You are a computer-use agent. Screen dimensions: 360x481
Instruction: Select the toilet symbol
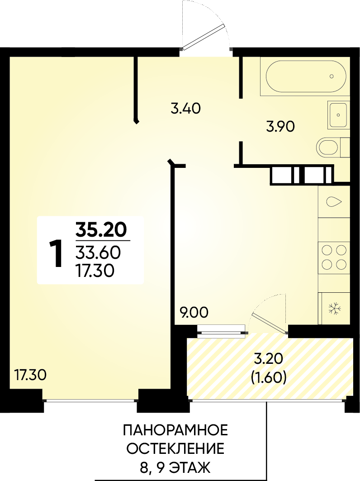point(332,148)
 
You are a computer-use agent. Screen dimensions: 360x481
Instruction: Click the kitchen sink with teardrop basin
point(334,201)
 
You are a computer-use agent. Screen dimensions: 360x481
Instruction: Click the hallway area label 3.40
point(186,109)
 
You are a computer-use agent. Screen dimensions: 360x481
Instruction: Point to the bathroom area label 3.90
point(280,126)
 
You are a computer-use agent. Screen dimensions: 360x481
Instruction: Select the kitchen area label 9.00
point(194,313)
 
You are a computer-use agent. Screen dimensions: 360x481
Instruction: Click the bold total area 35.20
point(101,230)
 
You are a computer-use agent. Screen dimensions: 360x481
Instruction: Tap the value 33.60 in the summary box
point(98,253)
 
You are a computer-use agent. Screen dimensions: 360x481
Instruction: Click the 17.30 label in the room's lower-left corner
point(30,375)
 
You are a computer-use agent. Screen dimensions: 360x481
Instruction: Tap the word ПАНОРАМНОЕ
point(175,430)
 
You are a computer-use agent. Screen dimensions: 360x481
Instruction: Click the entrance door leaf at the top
point(202,38)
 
